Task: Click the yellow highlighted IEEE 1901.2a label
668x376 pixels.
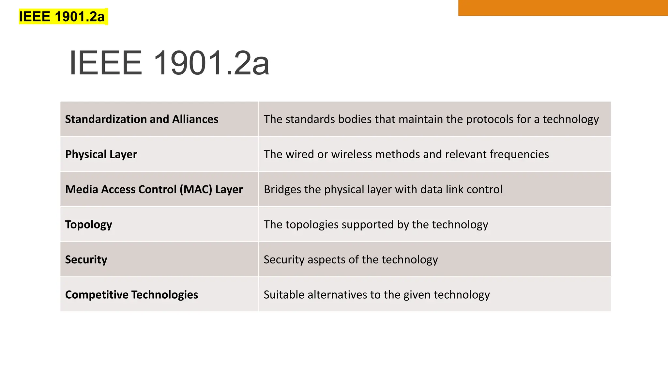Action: click(x=62, y=17)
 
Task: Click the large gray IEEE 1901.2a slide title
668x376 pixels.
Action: click(x=169, y=63)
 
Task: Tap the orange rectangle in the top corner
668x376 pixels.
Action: click(x=563, y=8)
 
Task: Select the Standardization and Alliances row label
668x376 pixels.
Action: click(x=142, y=119)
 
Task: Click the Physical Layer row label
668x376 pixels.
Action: click(x=101, y=154)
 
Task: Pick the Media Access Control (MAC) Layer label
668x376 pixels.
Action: click(x=154, y=189)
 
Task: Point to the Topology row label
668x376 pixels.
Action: click(x=89, y=225)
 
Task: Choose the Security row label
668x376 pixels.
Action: click(x=86, y=259)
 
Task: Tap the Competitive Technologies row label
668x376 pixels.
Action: click(x=131, y=294)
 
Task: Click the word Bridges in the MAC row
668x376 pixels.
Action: click(x=282, y=189)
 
